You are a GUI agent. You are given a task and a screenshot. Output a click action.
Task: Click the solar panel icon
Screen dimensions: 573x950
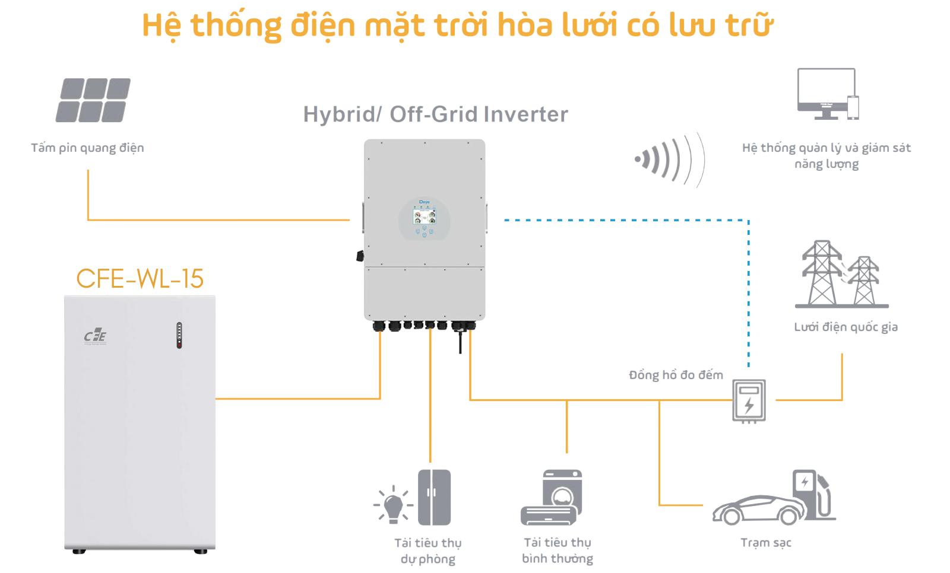(93, 100)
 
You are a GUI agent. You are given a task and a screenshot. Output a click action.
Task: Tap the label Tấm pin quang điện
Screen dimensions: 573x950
(87, 148)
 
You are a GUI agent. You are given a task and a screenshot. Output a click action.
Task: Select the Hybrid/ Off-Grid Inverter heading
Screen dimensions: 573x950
(435, 114)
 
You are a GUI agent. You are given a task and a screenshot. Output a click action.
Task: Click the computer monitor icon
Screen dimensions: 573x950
(826, 93)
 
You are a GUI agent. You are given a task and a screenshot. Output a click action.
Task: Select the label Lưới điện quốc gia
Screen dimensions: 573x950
(845, 327)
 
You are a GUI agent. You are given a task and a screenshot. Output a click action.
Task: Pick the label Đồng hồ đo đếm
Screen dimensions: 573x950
(676, 375)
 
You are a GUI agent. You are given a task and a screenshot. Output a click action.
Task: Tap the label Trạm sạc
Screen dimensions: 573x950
(765, 543)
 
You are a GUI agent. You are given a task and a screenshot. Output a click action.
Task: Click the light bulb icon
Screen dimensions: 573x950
(393, 505)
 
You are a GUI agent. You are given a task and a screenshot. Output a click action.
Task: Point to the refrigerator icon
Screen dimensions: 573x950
(434, 497)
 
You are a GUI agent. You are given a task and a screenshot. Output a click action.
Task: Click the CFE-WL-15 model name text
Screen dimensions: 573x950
(140, 279)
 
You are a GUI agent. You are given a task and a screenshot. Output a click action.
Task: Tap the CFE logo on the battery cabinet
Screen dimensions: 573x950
(95, 336)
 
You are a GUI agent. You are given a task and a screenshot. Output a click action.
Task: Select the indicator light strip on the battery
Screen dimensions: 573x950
(179, 335)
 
